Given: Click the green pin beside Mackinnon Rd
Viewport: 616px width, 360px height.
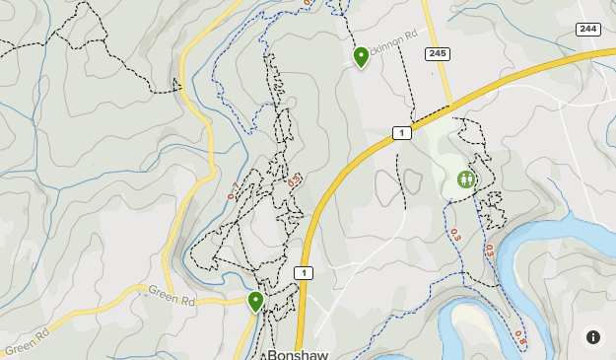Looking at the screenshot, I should tap(361, 56).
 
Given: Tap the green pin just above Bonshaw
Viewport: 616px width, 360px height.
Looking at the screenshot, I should tap(255, 301).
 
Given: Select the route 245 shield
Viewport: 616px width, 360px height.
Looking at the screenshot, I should tap(438, 53).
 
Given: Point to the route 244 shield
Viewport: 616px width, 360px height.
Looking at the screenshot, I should tap(588, 30).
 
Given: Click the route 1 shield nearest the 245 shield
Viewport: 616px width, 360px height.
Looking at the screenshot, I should tap(401, 132).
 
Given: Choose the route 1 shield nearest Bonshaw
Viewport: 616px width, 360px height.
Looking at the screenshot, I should tap(303, 273).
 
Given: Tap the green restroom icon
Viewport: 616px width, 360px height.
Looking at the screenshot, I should tap(466, 180).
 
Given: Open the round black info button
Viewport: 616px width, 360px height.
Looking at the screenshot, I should tap(593, 337).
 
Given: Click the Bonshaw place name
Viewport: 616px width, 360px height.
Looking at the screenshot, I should tap(297, 353).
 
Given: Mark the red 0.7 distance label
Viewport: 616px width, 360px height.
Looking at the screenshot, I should tap(233, 190).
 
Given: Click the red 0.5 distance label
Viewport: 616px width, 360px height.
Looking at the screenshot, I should tap(293, 180).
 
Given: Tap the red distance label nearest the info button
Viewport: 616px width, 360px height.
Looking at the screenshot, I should tap(519, 340).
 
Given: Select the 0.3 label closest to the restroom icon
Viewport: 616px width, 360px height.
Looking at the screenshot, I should tap(454, 235).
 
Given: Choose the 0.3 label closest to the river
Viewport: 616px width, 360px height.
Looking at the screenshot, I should tap(488, 251).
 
